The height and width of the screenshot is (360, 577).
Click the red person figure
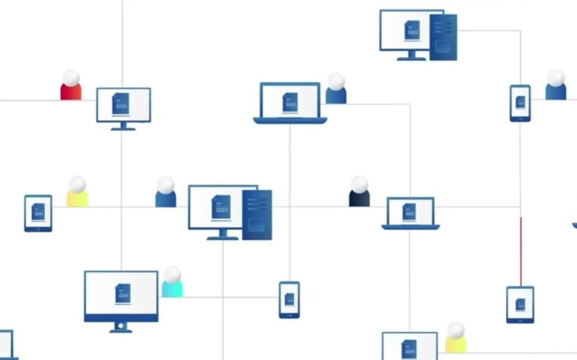click(71, 87)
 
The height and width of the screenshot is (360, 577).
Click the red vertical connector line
click(520, 251)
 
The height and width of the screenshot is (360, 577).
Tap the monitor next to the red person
click(124, 105)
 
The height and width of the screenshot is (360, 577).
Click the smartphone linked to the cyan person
click(289, 300)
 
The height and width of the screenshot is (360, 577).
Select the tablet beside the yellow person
click(38, 213)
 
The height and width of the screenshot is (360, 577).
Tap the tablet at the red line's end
click(520, 304)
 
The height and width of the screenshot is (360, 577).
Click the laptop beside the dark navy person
click(411, 213)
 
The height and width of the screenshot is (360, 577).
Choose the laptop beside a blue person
click(290, 103)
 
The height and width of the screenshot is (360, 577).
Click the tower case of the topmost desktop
click(443, 37)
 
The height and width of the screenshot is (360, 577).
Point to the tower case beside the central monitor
click(257, 215)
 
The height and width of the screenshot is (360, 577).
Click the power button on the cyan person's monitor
click(121, 325)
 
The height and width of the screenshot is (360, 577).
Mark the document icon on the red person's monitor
click(121, 103)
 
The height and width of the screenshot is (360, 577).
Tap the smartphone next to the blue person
click(520, 103)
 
